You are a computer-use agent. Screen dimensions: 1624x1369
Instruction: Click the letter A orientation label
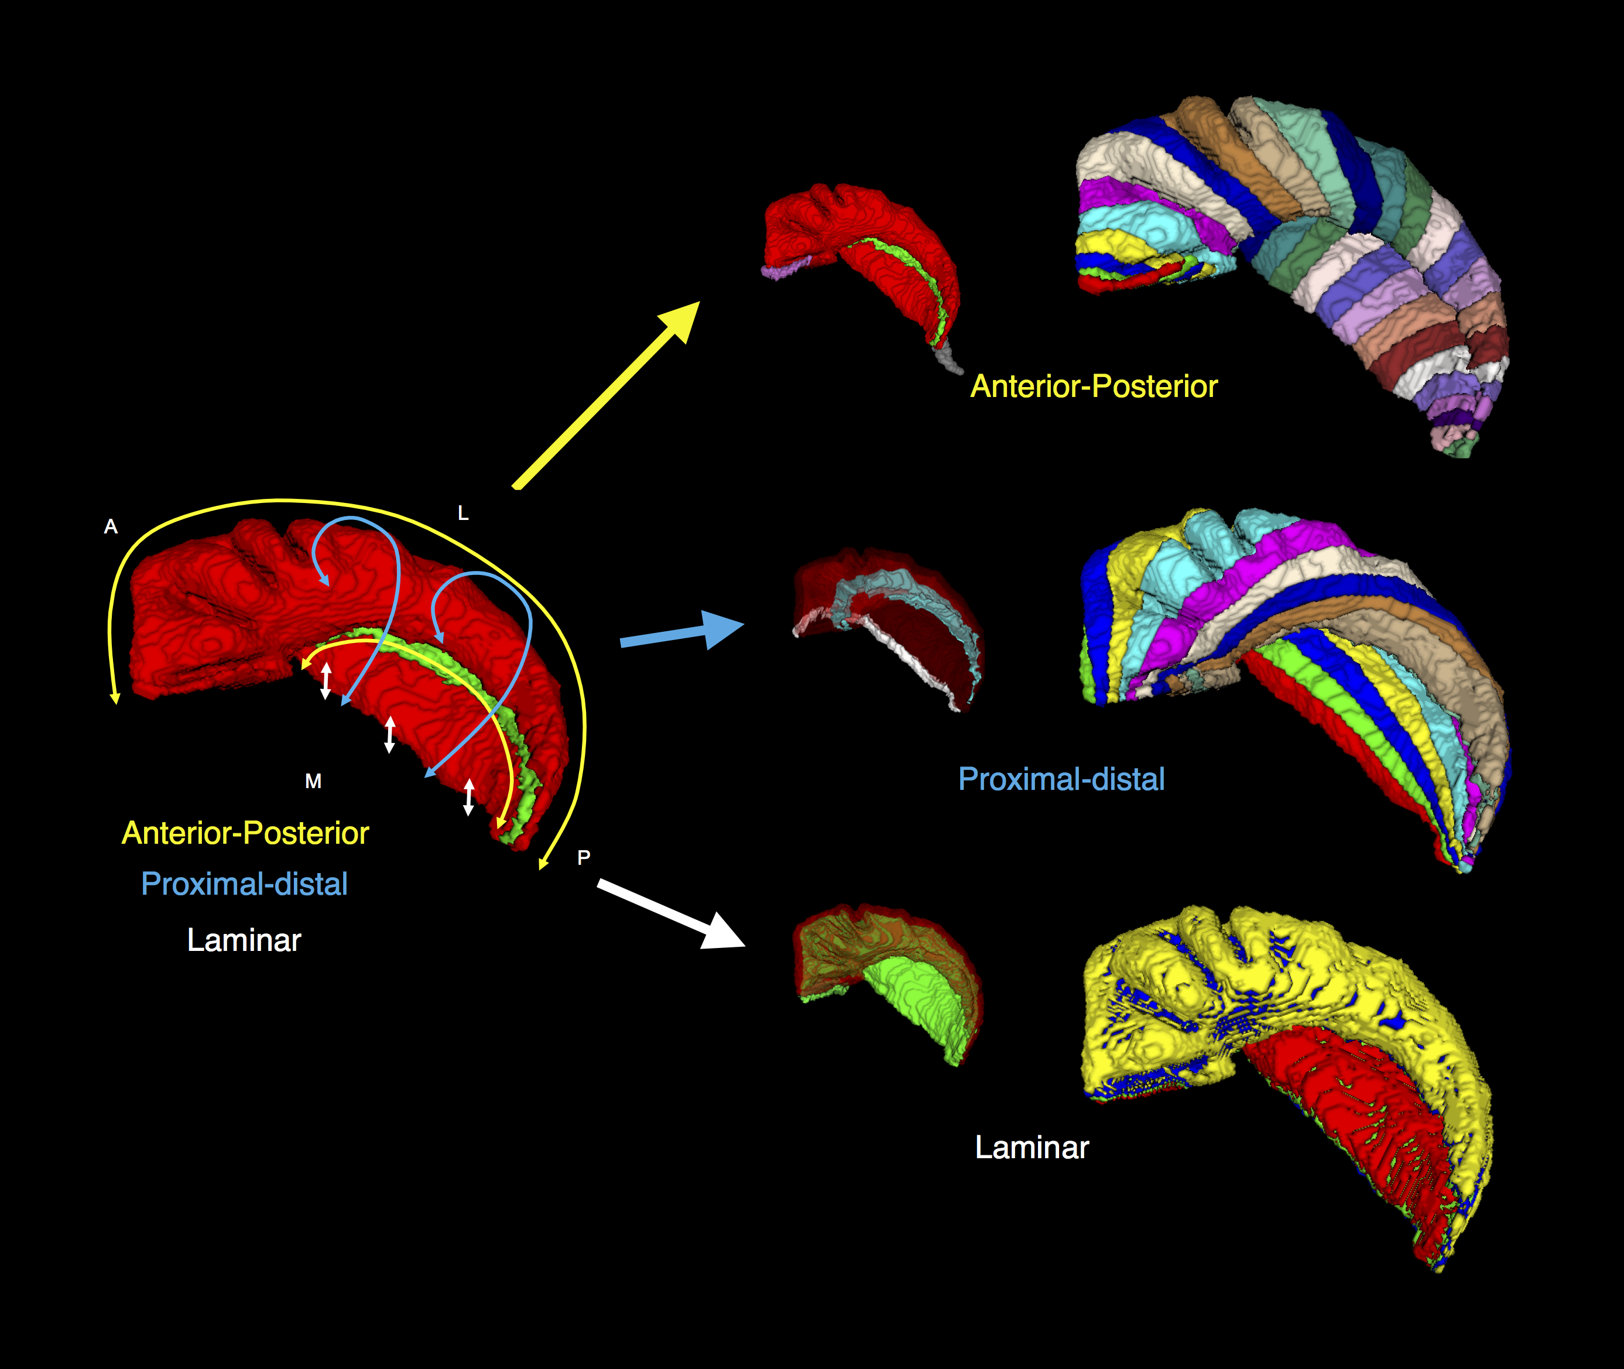[111, 527]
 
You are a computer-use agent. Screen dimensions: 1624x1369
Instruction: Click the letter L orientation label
[463, 513]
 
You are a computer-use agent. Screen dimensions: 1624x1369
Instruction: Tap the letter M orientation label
[313, 782]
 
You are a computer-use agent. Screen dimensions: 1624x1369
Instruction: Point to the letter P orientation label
[584, 858]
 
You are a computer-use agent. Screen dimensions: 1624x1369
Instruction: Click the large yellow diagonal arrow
[605, 396]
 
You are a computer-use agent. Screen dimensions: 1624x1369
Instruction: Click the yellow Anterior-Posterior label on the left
[245, 833]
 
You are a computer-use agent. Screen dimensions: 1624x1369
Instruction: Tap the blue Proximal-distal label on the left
[244, 884]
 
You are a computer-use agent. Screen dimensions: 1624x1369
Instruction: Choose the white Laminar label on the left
[244, 940]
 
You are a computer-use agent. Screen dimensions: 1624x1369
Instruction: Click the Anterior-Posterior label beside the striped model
[1094, 386]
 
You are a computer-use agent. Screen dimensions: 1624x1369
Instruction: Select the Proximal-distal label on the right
[1061, 779]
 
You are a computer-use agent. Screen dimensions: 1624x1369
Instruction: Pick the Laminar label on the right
[1032, 1148]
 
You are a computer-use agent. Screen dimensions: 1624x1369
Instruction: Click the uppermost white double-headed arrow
[326, 680]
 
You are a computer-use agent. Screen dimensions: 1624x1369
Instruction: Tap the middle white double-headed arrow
[389, 735]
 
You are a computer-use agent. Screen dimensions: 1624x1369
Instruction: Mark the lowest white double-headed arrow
[469, 797]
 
